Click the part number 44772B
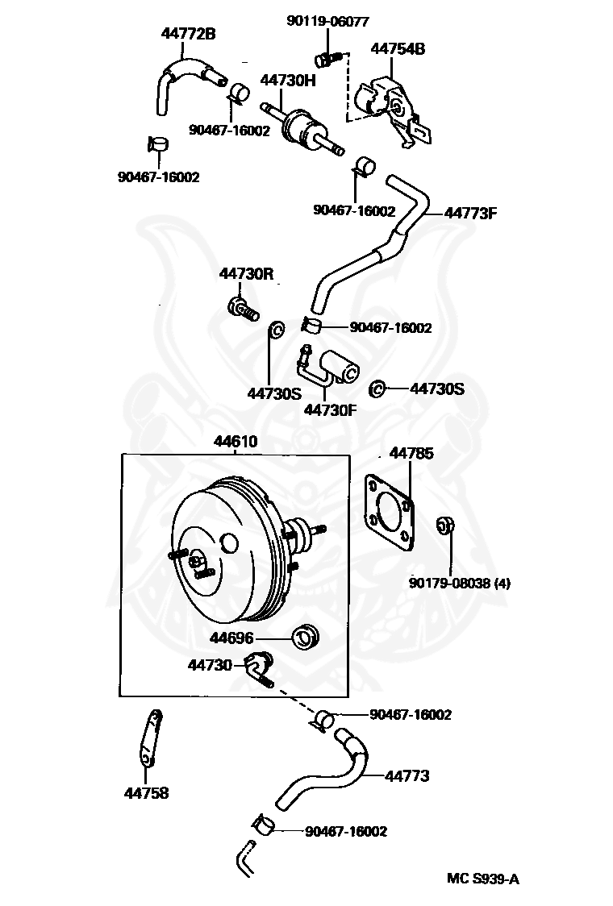click(188, 34)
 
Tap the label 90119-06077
click(328, 21)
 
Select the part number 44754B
click(398, 48)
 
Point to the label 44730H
click(288, 81)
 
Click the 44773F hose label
click(470, 214)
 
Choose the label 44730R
click(246, 273)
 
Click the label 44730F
click(330, 409)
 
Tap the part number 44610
click(236, 442)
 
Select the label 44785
click(411, 454)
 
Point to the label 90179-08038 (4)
click(460, 583)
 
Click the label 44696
click(231, 638)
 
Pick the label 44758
click(146, 793)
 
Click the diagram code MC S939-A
click(483, 879)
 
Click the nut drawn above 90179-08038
click(445, 526)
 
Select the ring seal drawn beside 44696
click(306, 637)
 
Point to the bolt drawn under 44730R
click(243, 309)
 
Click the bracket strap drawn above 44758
click(150, 738)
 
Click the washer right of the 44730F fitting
click(377, 389)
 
